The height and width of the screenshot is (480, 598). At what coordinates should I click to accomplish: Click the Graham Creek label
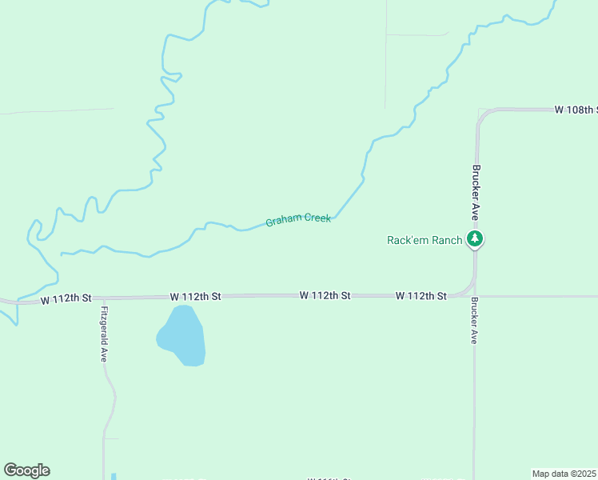point(298,219)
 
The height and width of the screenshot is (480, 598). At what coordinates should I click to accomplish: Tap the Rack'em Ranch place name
point(425,240)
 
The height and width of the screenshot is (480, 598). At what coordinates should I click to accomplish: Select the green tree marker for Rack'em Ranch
point(475,238)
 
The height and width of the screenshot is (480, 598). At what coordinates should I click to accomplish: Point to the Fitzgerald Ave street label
point(104,334)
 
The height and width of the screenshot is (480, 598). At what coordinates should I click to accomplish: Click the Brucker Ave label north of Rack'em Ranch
point(476,194)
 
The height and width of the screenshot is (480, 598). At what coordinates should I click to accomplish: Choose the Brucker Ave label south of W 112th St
point(475,321)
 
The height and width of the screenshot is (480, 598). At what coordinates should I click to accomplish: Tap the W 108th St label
point(576,110)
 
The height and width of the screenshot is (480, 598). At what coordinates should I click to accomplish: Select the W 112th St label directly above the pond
point(195,296)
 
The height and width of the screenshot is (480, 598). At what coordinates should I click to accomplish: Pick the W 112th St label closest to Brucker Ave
point(421,296)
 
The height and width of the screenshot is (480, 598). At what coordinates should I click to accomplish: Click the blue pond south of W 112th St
point(183,336)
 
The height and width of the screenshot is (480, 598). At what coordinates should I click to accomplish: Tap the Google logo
point(26,470)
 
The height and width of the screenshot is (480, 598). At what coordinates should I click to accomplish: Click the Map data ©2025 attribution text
point(564,474)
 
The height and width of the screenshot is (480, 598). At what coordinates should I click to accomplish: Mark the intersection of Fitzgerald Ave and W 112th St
point(102,298)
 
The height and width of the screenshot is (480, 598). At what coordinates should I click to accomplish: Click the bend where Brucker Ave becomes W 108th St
point(483,114)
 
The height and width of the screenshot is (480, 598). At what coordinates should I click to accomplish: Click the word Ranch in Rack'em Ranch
point(446,240)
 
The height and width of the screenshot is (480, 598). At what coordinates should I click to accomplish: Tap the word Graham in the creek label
point(282,221)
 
